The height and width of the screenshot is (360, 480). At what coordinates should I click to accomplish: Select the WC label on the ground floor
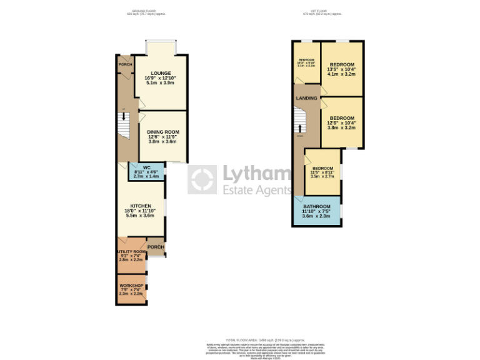[x=146, y=167]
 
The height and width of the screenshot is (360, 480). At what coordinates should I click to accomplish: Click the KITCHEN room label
[x=141, y=206]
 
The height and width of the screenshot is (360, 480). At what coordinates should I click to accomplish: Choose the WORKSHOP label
[x=131, y=286]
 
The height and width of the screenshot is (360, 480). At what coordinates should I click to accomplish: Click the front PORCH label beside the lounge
[x=125, y=64]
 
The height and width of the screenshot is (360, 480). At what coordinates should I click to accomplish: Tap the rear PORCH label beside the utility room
[x=156, y=247]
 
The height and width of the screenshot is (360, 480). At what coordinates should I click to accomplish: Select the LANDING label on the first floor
[x=306, y=98]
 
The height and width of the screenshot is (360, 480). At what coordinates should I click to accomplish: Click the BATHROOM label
[x=316, y=207]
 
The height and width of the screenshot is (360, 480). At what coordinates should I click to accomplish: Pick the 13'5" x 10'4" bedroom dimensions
[x=342, y=69]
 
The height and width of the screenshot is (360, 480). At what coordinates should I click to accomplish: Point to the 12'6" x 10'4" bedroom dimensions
[x=342, y=122]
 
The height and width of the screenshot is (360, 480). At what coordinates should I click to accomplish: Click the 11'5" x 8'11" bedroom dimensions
[x=322, y=172]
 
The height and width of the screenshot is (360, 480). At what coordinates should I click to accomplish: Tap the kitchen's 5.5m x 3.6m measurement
[x=141, y=216]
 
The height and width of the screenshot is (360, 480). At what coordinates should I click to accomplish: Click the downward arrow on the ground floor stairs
[x=124, y=116]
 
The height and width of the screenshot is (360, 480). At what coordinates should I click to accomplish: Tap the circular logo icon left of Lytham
[x=202, y=180]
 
